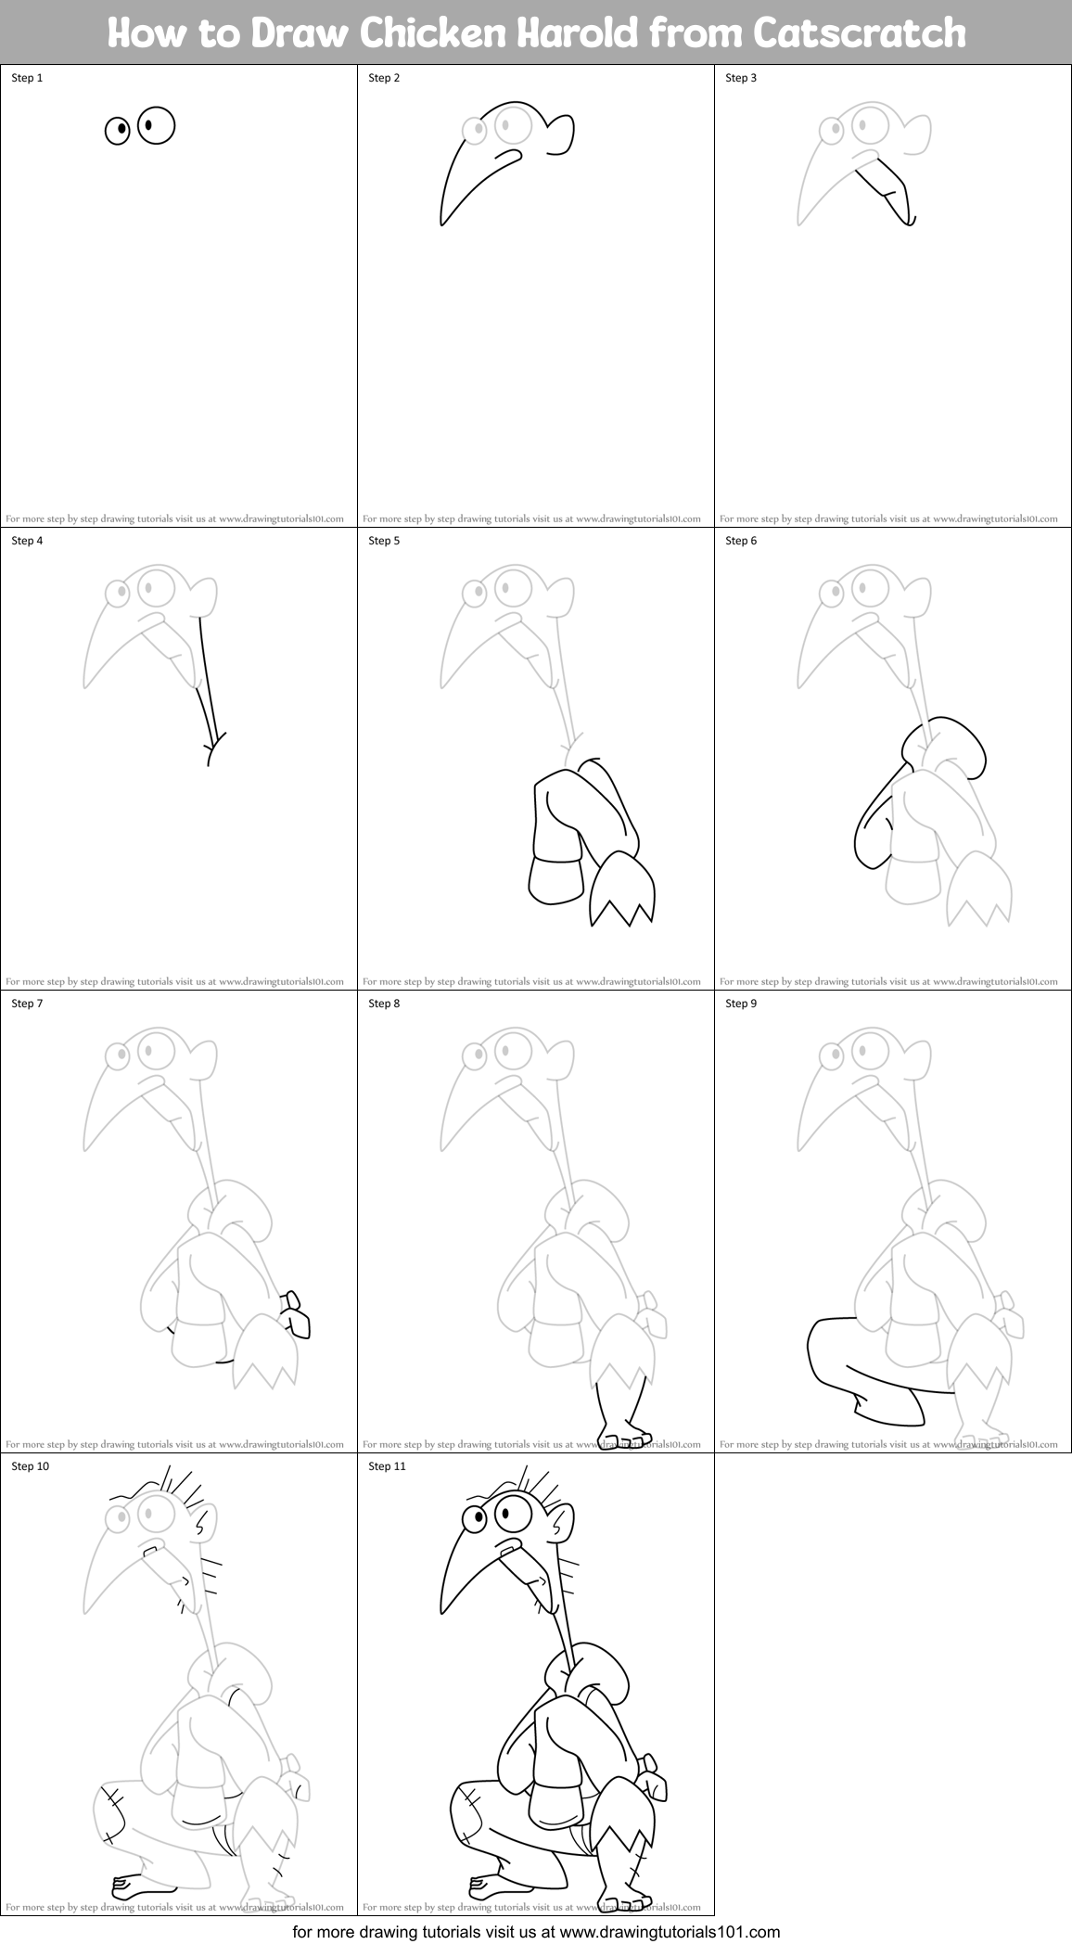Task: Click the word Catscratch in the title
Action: pos(860,33)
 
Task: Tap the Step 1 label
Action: pos(27,78)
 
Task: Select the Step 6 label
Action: pos(741,541)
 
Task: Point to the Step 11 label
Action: pos(387,1466)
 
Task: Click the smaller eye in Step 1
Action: pos(117,131)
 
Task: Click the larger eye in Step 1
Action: pos(157,125)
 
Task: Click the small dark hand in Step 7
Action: pos(298,1313)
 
